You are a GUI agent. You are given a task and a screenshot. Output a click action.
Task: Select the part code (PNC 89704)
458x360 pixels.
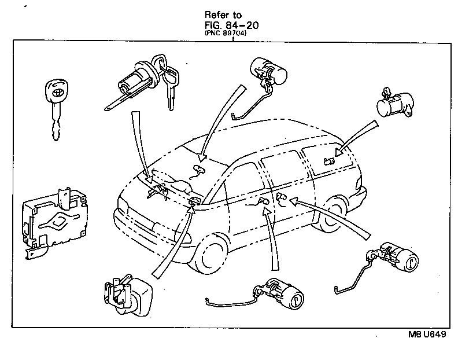click(x=227, y=34)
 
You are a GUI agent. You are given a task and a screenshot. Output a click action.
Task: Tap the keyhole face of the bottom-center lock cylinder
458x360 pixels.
click(x=295, y=300)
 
